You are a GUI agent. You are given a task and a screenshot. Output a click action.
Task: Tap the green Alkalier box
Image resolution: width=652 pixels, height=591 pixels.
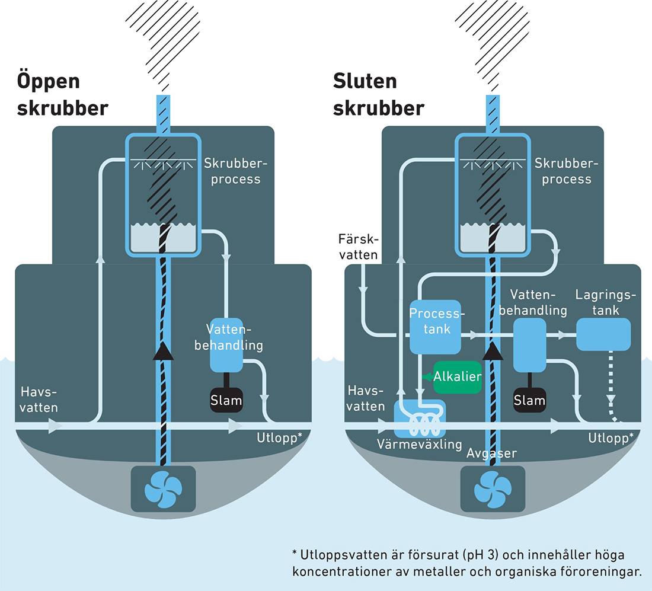tap(458, 378)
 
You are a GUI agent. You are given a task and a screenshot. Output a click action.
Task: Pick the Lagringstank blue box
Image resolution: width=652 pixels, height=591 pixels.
tap(603, 334)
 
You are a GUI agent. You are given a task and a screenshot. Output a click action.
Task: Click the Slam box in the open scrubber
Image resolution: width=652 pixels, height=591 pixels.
tap(226, 400)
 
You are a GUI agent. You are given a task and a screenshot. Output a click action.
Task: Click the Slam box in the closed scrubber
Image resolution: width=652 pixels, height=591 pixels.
tap(529, 400)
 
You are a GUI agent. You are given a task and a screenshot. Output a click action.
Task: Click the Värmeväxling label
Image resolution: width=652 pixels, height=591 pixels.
tap(419, 444)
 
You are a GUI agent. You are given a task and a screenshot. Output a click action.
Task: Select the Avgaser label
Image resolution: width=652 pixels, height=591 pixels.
tap(491, 453)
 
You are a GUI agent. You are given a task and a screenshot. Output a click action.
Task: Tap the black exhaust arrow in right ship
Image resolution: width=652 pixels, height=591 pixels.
tap(493, 352)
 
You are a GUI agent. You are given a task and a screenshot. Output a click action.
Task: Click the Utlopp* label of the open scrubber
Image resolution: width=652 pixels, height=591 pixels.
tap(279, 438)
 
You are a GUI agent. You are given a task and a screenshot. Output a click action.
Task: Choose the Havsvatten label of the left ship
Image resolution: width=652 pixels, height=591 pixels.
tap(40, 400)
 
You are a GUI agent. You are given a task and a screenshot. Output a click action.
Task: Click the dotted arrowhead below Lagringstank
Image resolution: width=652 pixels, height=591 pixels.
tap(612, 399)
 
